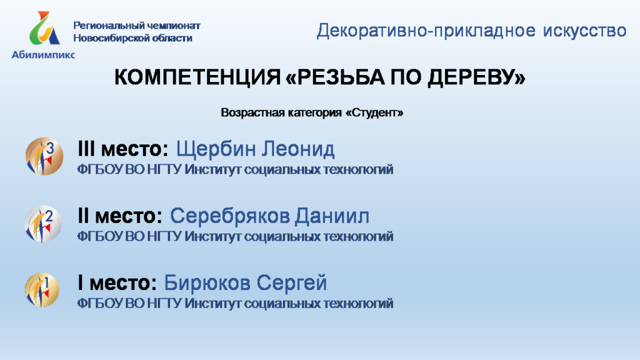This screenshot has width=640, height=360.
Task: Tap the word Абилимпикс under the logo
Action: coord(43,55)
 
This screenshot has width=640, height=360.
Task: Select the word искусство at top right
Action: coord(584,31)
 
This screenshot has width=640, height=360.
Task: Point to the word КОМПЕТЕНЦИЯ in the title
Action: coord(197,77)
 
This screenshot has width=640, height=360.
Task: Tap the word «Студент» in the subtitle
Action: coord(375,112)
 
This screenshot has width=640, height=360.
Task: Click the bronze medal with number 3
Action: coord(44,156)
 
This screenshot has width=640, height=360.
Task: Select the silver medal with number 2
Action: coord(43,224)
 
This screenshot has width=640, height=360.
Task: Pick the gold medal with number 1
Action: coord(42,290)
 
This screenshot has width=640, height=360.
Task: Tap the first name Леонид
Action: coord(298,149)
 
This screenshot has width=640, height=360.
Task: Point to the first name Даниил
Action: coord(332,216)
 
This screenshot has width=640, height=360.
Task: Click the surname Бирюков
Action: coord(207,282)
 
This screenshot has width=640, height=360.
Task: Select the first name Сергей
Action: coord(292,283)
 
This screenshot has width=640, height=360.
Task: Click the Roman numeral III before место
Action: coord(86,149)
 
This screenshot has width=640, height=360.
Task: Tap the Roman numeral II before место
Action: coord(83,216)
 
